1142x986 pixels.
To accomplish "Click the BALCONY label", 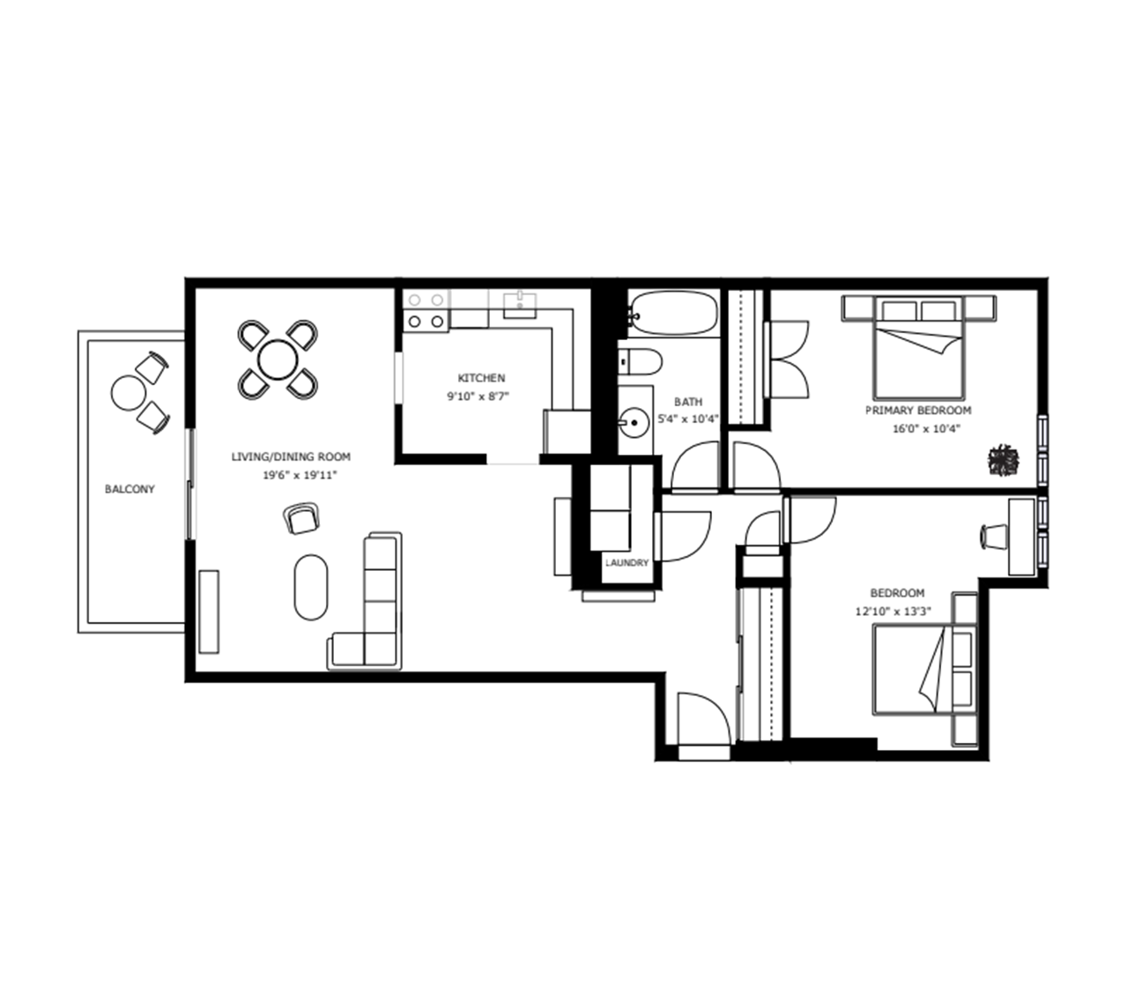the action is point(130,489).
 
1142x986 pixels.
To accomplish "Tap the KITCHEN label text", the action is point(481,378).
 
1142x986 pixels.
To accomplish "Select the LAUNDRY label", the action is point(627,563).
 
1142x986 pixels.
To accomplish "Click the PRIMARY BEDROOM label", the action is point(918,411).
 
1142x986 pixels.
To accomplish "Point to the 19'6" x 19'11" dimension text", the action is point(300,475).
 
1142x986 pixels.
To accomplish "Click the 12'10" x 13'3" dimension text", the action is point(894,612).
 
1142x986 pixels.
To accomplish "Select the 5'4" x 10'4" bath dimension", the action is point(688,419).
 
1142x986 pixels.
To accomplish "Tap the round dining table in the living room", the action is point(278,360).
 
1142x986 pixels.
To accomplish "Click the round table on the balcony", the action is point(129,393).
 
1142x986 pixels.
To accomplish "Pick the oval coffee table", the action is point(311,587).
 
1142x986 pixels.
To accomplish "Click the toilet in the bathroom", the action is point(641,362).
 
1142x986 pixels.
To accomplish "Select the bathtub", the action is point(673,313).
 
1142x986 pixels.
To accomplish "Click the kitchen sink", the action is point(519,306).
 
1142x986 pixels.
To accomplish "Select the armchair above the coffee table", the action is point(301,517).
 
